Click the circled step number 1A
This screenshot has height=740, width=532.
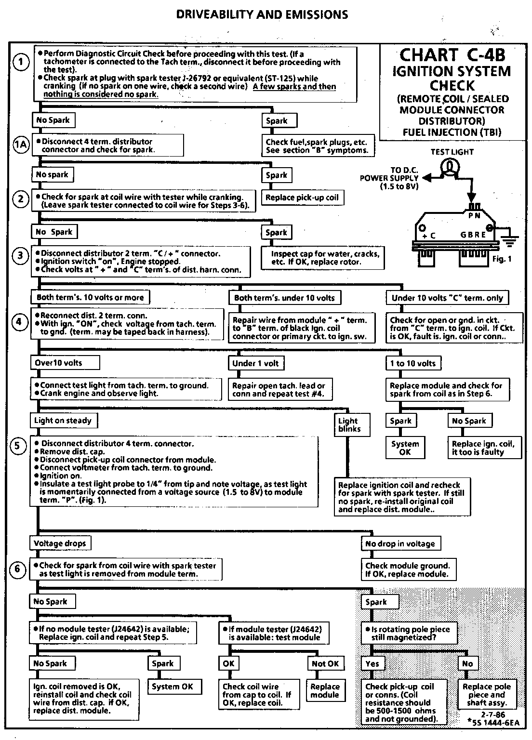coord(20,145)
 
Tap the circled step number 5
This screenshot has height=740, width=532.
coord(17,446)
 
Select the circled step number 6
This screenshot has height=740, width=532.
coord(17,569)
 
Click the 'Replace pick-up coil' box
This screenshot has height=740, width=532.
coord(302,198)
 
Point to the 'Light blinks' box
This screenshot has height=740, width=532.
coord(349,425)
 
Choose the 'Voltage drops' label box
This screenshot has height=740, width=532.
coord(60,543)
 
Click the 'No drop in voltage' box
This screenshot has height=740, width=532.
coord(400,544)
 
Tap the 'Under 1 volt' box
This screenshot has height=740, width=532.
coord(255,363)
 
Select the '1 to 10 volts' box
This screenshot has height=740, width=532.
coord(413,363)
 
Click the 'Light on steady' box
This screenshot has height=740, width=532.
coord(63,421)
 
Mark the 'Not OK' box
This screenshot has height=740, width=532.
coord(325,664)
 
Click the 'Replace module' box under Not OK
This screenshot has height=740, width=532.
coord(325,691)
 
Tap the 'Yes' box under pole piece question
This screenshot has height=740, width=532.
coord(372,664)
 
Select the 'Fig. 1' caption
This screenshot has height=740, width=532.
coord(502,259)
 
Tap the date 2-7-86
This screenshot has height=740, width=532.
coord(492,715)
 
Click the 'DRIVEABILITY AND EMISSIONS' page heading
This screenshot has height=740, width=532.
coord(262,14)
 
